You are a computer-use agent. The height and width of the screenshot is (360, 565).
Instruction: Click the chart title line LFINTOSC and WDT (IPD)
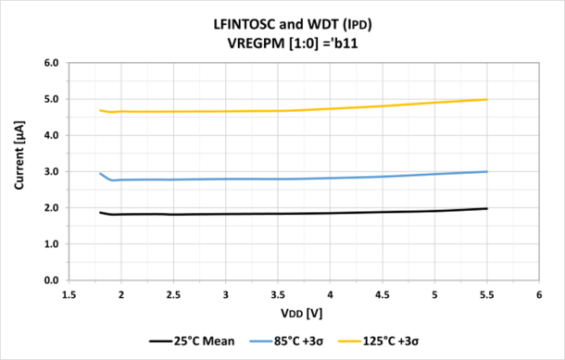tap(282, 23)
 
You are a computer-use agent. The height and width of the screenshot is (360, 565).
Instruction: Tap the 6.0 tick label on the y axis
tap(52, 63)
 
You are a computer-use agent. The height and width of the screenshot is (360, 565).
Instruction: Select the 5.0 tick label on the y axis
tap(52, 99)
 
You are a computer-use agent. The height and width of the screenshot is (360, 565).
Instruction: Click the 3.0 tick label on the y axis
tap(52, 171)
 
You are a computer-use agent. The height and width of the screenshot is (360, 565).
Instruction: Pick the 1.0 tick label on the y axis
tap(52, 244)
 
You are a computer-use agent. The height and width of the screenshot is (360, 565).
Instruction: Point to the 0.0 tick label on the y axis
tap(52, 280)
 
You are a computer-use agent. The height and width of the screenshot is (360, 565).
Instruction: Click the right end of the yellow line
tap(487, 99)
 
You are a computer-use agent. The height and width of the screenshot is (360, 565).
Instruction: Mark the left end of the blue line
tap(100, 174)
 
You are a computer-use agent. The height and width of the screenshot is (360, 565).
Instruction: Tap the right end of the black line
tap(487, 208)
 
